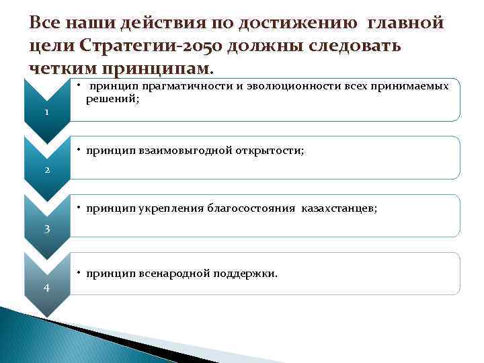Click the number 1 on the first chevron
pos(46,112)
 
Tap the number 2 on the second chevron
pos(47,170)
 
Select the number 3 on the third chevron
pos(47,229)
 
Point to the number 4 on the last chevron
pos(46,288)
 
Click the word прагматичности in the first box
pos(175,85)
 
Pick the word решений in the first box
pos(111,98)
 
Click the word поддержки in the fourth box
pos(245,274)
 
